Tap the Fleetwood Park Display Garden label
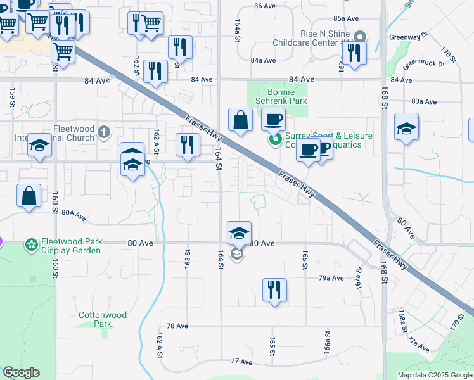click(71, 246)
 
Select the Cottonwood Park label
click(103, 319)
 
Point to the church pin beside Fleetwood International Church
click(105, 133)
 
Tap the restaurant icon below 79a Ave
click(274, 291)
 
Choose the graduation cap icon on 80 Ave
click(240, 233)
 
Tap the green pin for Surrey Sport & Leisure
click(275, 140)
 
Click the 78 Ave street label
click(178, 326)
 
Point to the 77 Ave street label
click(242, 361)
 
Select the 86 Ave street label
click(266, 6)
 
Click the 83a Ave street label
click(424, 101)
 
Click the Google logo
click(21, 373)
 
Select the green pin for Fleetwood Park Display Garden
click(30, 244)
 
